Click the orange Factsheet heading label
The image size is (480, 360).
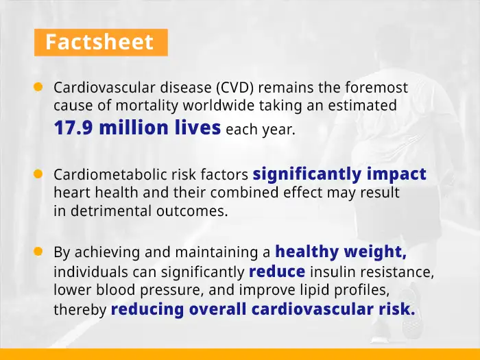point(100,42)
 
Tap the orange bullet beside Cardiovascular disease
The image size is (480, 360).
point(38,87)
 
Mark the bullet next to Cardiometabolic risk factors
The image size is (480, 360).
point(38,174)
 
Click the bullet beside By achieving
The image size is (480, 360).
point(38,252)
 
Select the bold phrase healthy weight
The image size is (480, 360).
point(341,252)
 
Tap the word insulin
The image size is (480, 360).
point(331,272)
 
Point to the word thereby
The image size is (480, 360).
point(80,310)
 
